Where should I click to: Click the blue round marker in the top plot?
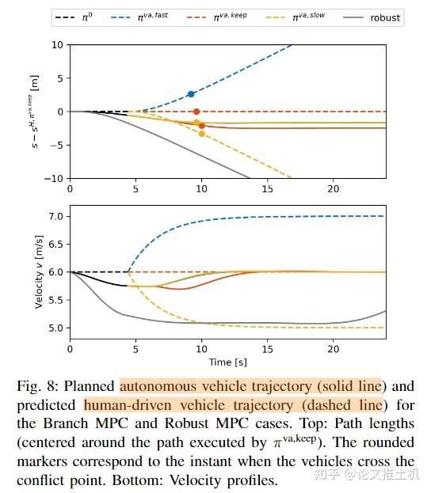pyautogui.click(x=191, y=94)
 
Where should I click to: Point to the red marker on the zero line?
pyautogui.click(x=196, y=112)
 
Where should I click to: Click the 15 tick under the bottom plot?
pyautogui.click(x=268, y=347)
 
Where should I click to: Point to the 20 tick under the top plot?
pyautogui.click(x=334, y=189)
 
